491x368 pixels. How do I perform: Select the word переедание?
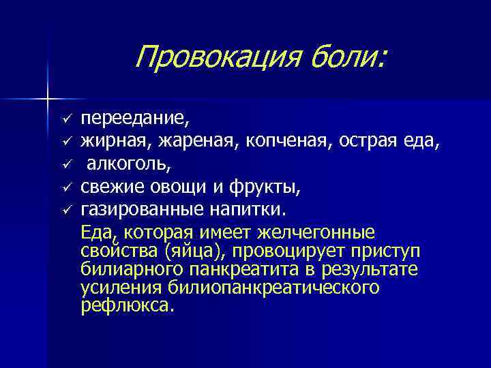pos(135,119)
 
